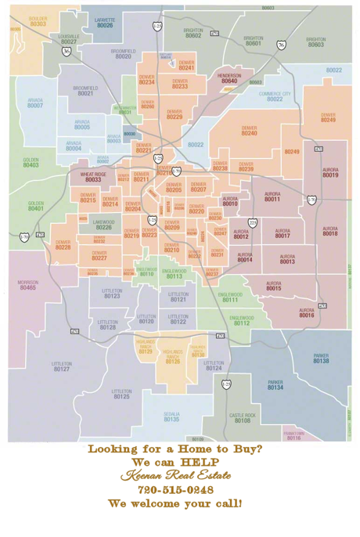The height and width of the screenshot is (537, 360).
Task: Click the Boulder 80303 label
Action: pos(38,21)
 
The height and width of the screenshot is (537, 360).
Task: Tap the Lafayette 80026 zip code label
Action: pos(104,23)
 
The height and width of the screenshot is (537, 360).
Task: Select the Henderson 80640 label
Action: pos(229,78)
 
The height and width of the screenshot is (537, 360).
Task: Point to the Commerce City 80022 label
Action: pos(275,96)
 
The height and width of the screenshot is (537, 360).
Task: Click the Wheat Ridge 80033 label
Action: pos(93,178)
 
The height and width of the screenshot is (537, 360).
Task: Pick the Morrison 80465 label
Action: pos(27,285)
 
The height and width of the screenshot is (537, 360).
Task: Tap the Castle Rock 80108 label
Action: pos(243,418)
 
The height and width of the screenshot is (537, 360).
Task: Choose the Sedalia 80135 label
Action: pos(171,416)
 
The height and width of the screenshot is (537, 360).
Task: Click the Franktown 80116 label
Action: pos(293,435)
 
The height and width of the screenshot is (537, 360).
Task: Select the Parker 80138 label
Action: pos(321,359)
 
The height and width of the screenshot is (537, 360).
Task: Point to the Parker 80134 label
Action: pos(275,385)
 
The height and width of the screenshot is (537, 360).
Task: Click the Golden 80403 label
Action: pos(31,163)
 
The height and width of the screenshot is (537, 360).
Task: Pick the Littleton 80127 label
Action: pos(62,366)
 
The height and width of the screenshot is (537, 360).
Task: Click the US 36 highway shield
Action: pos(67,51)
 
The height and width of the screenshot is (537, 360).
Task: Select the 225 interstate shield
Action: pos(252,223)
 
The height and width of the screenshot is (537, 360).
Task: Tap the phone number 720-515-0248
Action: pos(175,488)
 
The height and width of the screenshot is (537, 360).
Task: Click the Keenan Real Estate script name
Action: pos(175,474)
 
